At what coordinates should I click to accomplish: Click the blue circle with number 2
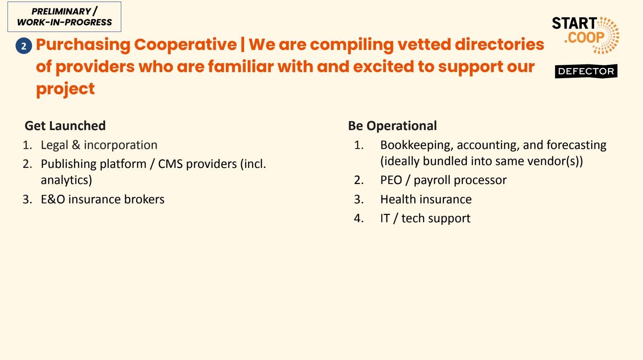24,46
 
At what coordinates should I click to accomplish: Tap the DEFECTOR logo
586,71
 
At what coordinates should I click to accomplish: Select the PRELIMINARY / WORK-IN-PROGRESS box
64,17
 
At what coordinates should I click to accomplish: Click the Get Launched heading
65,126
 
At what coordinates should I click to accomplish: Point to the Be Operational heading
392,126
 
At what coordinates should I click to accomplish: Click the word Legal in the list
54,145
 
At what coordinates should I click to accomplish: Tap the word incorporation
120,145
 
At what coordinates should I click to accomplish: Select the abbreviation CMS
170,164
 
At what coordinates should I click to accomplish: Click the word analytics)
66,180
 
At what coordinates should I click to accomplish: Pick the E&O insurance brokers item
103,199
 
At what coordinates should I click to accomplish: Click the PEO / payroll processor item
444,180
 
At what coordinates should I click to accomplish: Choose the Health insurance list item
426,199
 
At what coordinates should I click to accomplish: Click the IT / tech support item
425,218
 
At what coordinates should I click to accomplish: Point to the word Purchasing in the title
83,45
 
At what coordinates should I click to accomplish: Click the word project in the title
65,89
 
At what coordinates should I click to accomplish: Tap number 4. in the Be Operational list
359,218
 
